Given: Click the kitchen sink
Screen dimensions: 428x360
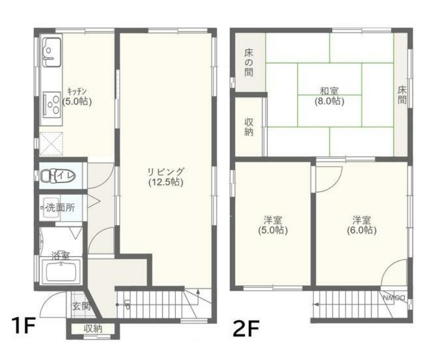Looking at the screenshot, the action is click(x=52, y=52).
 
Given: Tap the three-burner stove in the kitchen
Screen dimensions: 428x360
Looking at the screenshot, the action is click(x=52, y=104).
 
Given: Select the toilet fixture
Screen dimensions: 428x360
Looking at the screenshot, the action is click(x=57, y=175).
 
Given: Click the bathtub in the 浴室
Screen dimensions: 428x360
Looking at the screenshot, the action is click(x=62, y=272).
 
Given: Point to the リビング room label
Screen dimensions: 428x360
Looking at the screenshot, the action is click(x=166, y=172).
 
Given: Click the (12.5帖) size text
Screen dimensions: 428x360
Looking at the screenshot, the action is click(x=166, y=182).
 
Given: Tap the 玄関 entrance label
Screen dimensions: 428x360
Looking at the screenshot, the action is click(x=81, y=306).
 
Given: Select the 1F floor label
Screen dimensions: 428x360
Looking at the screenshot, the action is click(x=24, y=325).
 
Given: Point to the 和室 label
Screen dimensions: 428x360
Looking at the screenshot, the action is click(x=329, y=91).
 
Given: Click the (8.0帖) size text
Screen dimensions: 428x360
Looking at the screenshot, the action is click(x=329, y=101).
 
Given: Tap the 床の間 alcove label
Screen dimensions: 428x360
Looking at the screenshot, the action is click(x=249, y=62).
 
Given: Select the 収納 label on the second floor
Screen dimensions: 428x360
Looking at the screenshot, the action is click(x=249, y=127).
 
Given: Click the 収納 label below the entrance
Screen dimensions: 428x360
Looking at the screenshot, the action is click(x=93, y=328).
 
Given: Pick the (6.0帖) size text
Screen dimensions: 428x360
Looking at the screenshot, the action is click(x=362, y=230).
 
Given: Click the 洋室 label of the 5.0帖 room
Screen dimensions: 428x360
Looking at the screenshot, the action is click(x=273, y=220).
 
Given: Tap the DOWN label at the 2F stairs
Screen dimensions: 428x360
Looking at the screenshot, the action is click(x=394, y=298).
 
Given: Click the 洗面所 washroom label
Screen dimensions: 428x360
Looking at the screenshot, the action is click(x=60, y=207).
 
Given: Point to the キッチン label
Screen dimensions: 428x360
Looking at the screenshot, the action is click(x=77, y=91).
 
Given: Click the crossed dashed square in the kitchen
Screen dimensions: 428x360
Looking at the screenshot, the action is click(x=51, y=143).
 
